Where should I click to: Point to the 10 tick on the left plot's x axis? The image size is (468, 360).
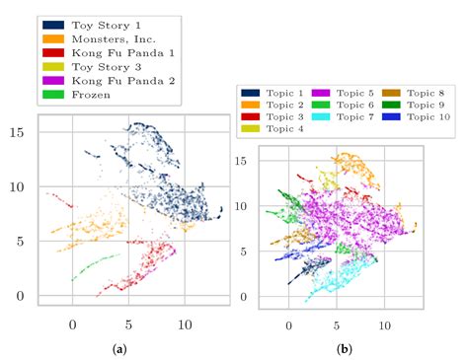(184, 322)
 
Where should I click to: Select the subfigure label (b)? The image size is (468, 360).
(343, 348)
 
